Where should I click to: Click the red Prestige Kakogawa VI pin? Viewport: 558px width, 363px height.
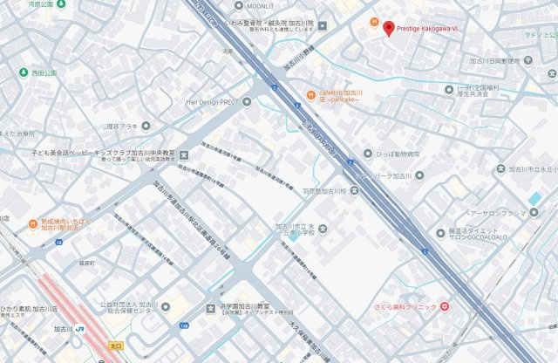tap(389, 28)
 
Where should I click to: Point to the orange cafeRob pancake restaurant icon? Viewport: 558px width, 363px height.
tap(310, 94)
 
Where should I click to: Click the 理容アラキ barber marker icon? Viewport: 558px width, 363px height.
tap(146, 126)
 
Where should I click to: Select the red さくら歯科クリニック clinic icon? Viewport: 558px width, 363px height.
tap(445, 306)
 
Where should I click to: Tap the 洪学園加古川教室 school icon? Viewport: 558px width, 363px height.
tap(210, 308)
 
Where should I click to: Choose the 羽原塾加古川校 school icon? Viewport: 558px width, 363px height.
tap(354, 190)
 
